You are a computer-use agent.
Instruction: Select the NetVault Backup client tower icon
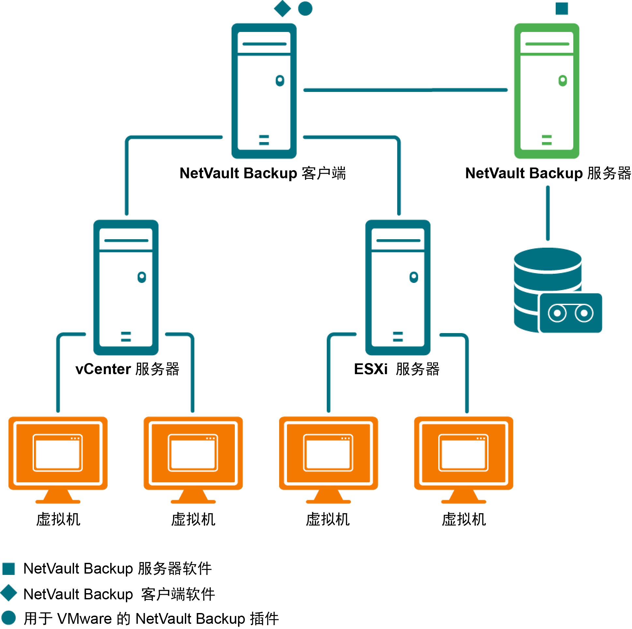264,91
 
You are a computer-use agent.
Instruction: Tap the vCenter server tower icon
126,288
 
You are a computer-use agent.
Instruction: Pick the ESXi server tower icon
398,288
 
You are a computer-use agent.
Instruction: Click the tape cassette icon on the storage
571,314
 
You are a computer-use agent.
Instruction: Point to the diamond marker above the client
283,8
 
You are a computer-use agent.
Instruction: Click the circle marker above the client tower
306,8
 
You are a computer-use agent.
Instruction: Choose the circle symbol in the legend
9,618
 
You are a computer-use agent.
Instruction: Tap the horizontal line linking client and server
406,90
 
